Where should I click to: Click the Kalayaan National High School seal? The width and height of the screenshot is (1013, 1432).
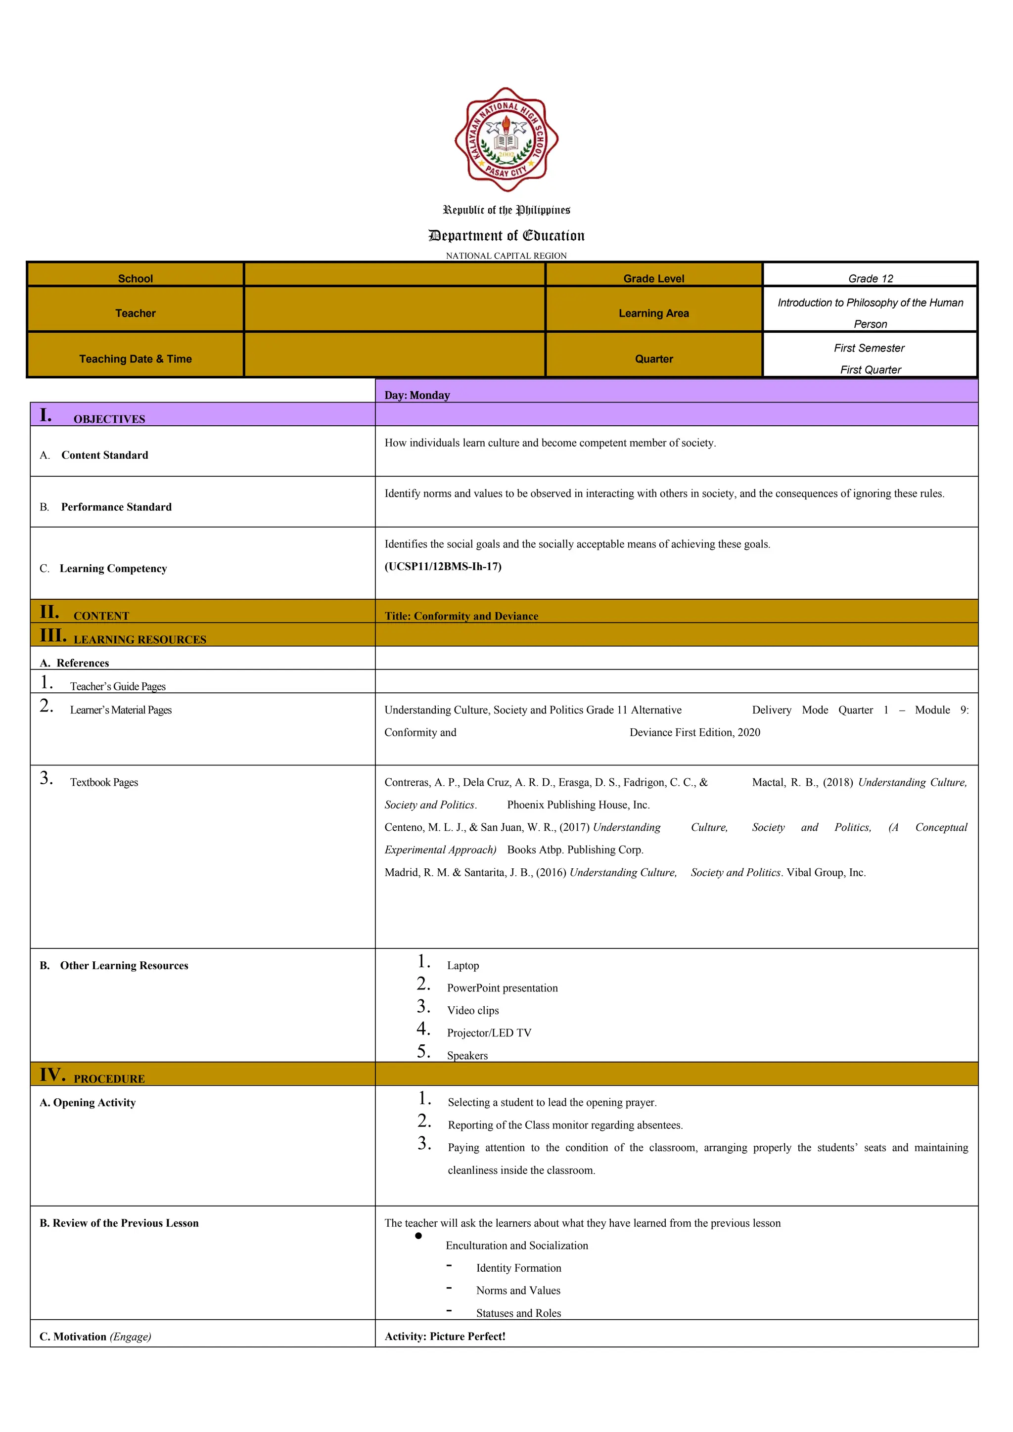pos(506,140)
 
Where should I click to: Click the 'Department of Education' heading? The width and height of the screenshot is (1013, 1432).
pos(506,236)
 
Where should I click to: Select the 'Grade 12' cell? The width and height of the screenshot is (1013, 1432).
pos(870,278)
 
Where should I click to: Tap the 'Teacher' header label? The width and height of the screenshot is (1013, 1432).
pos(136,313)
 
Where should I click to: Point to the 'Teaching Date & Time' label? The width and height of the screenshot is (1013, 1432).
pos(136,358)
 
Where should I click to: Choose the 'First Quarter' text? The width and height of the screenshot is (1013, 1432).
pos(870,369)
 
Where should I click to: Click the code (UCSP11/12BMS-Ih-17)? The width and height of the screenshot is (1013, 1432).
pos(443,566)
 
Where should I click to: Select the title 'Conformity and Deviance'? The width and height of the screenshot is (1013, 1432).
pos(461,616)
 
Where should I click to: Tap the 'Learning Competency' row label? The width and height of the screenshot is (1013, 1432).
pos(113,568)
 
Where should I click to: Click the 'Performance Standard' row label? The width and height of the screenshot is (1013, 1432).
pos(116,507)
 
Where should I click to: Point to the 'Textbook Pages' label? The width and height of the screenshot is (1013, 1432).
pos(103,782)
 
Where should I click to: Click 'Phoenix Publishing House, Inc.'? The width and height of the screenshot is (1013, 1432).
pos(578,805)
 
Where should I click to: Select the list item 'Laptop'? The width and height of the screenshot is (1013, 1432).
pos(463,966)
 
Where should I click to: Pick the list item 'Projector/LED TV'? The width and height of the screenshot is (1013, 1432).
pos(489,1033)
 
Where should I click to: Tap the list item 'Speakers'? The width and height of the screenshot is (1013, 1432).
pos(467,1055)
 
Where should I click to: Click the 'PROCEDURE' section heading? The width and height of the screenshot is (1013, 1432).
pos(109,1078)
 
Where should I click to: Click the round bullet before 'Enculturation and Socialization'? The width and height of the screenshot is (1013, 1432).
pos(418,1236)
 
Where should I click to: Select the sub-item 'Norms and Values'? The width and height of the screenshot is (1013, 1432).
pos(518,1291)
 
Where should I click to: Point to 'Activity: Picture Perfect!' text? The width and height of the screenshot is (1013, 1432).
pos(445,1336)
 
